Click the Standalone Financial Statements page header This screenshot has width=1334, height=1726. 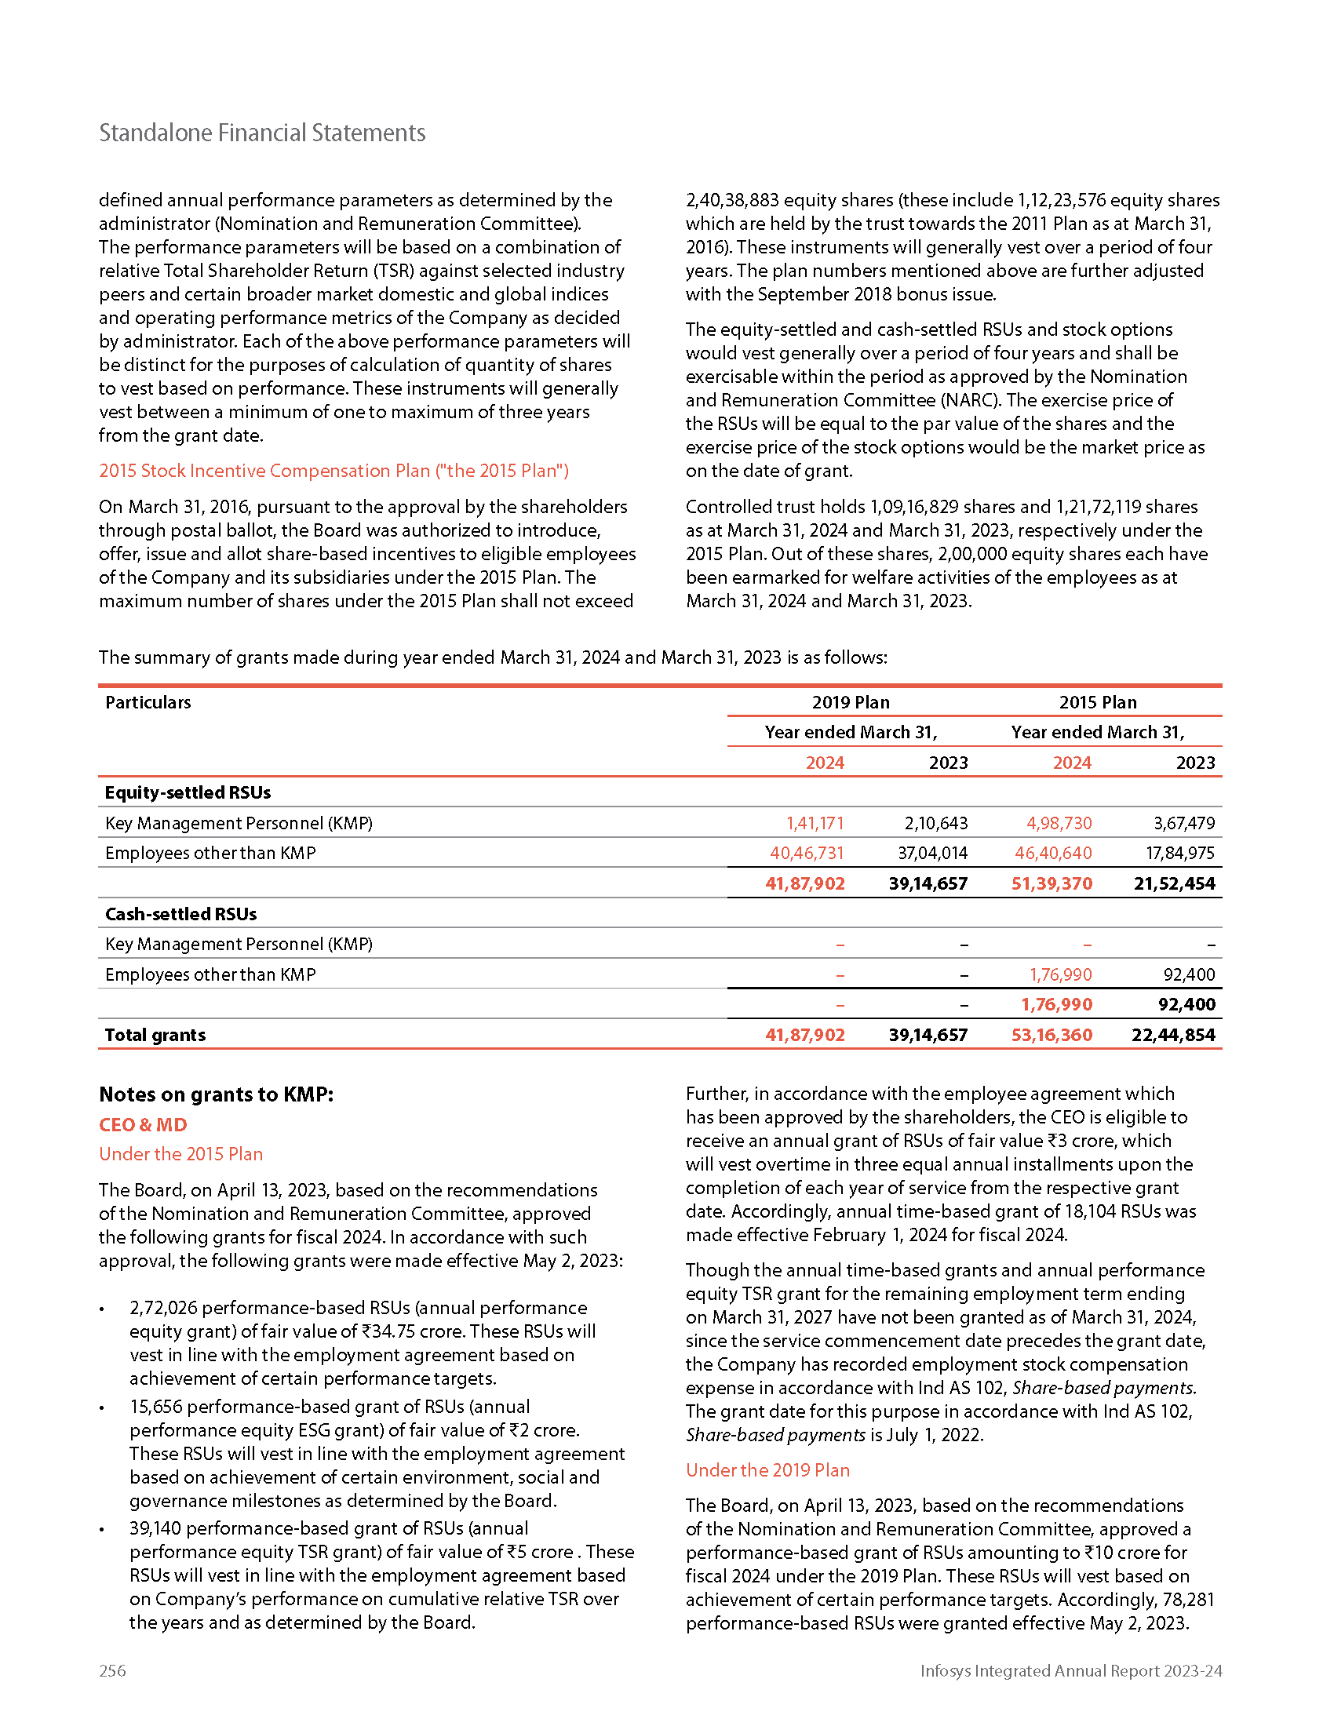[261, 133]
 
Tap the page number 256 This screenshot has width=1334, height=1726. [112, 1670]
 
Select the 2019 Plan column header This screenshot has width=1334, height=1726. [851, 702]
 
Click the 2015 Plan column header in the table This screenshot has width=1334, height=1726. [1098, 702]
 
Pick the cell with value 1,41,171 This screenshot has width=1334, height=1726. [815, 823]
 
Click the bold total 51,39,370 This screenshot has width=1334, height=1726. [1052, 883]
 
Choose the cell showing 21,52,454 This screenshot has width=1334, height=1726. [1175, 883]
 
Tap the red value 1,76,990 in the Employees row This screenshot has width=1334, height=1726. [1061, 974]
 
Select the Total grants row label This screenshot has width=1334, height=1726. [155, 1035]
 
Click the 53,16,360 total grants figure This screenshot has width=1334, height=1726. [1052, 1035]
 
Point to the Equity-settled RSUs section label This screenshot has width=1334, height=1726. [188, 792]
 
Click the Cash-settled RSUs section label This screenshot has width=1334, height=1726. [181, 913]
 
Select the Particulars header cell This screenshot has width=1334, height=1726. [148, 702]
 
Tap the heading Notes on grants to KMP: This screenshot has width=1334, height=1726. [216, 1094]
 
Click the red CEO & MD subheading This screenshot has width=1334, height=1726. [143, 1124]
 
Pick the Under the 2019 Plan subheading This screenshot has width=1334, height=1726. [767, 1470]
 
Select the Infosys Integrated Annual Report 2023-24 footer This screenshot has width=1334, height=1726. [1071, 1670]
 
